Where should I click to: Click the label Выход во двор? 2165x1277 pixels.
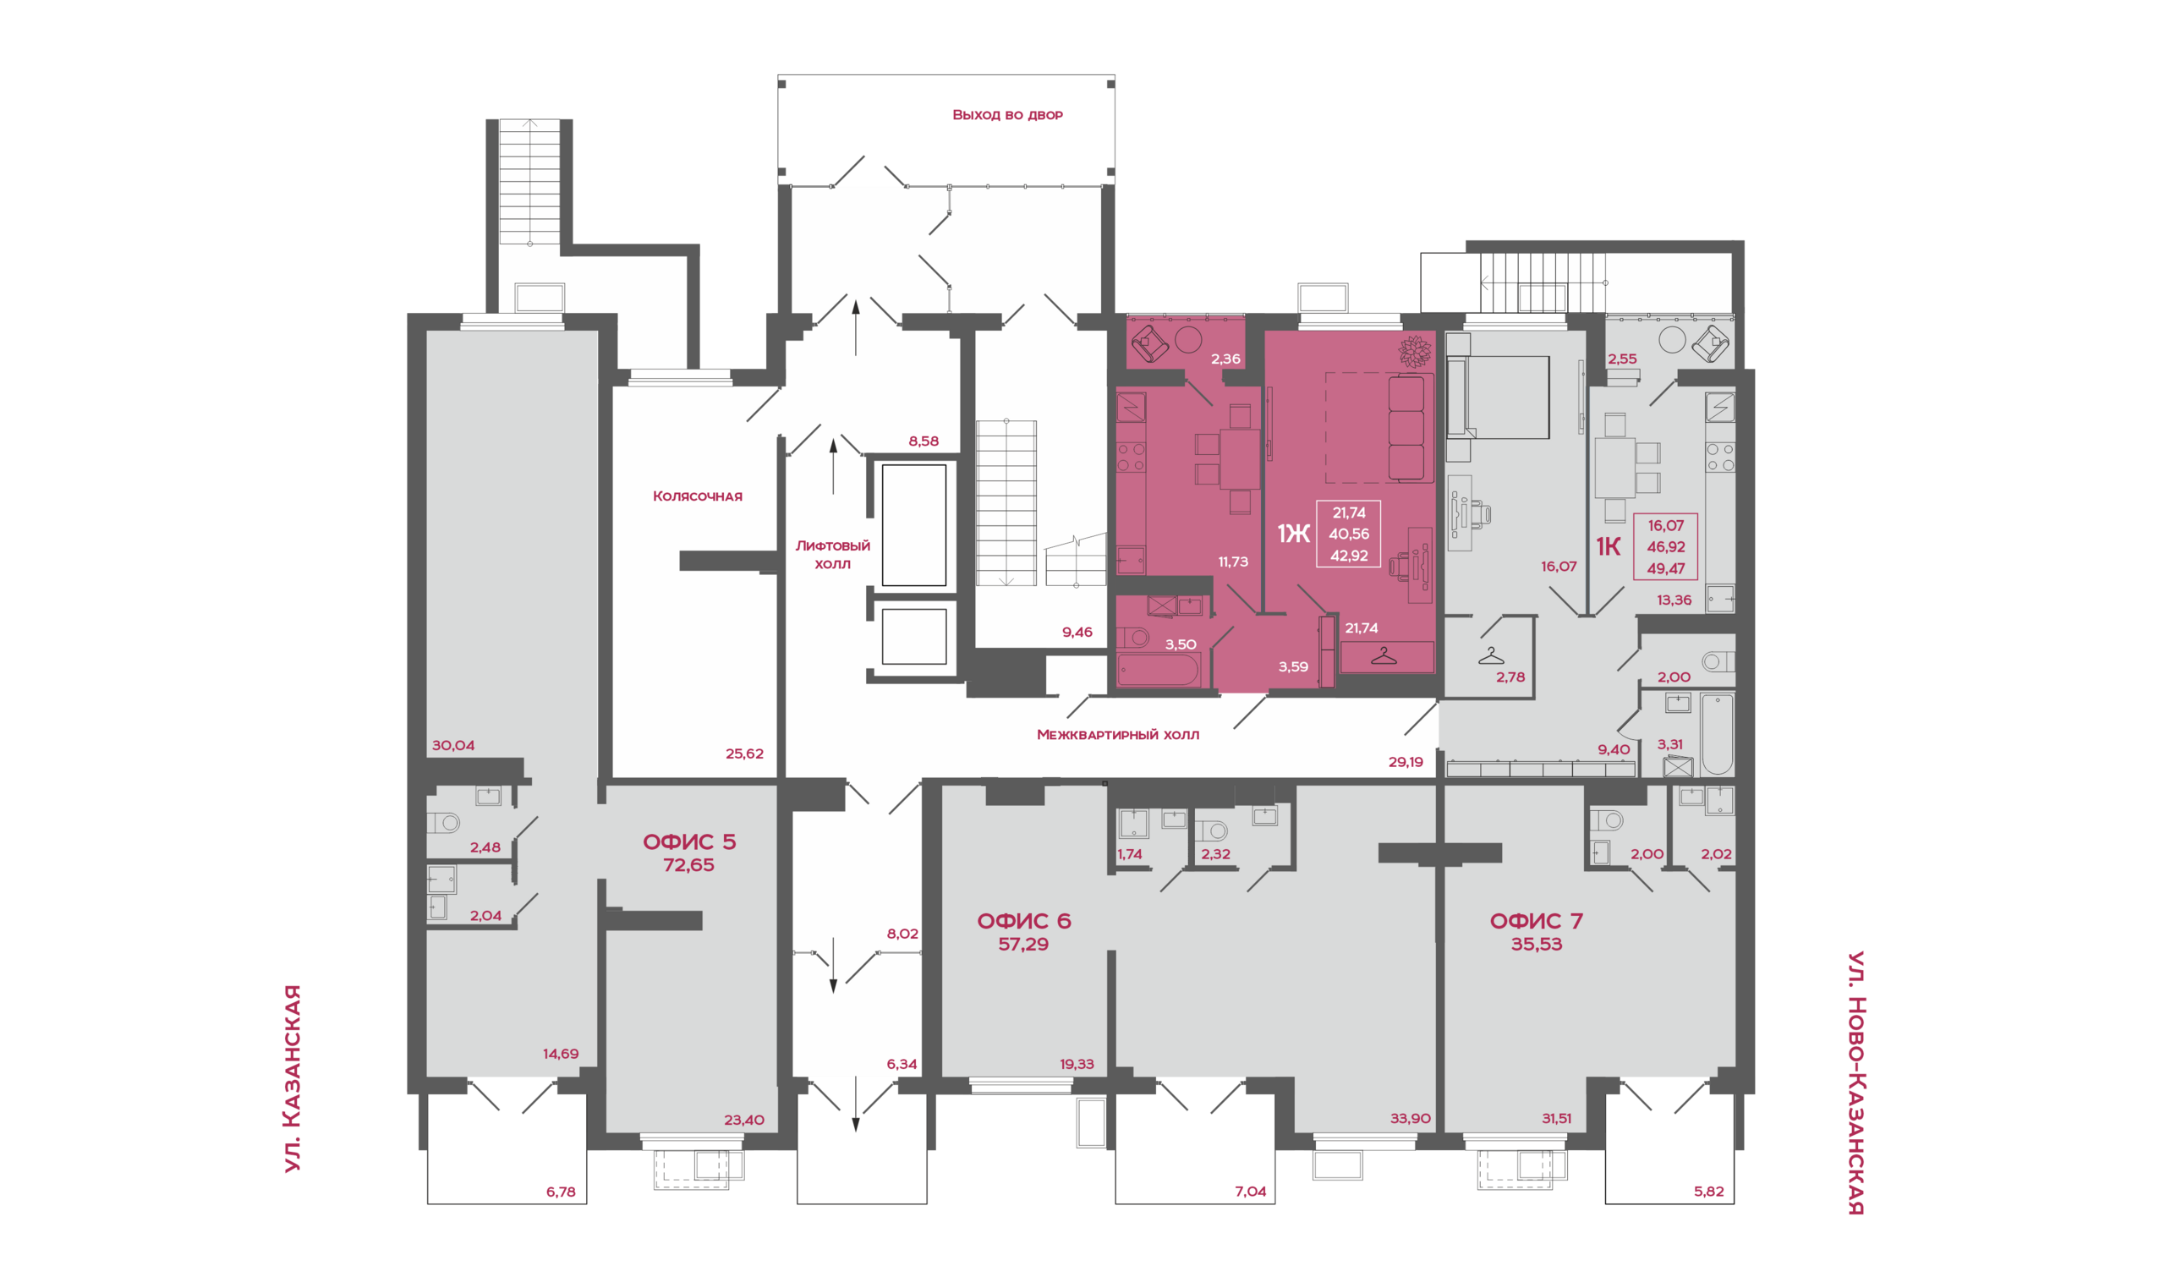tap(1006, 114)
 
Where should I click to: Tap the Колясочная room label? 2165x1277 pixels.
tap(697, 496)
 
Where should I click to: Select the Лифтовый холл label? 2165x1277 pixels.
tap(832, 554)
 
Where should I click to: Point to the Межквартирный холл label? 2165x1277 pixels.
tap(1118, 734)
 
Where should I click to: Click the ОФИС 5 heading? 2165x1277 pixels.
tap(689, 841)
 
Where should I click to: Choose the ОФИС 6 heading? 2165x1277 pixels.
tap(1024, 921)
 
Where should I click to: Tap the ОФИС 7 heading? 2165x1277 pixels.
tap(1536, 921)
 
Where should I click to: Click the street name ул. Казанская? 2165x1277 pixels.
tap(293, 1078)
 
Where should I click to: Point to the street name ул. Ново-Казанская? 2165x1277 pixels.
tap(1856, 1082)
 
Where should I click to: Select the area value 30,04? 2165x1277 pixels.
tap(452, 745)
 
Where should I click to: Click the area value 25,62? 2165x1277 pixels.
tap(744, 754)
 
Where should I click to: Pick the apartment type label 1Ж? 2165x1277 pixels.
tap(1293, 534)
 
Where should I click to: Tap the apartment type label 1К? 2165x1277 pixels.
tap(1609, 546)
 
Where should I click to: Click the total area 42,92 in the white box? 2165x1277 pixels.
tap(1348, 556)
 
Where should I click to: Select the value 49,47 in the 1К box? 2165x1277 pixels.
tap(1666, 569)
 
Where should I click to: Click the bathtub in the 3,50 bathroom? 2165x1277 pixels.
tap(1159, 670)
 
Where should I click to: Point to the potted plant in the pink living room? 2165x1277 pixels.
tap(1416, 351)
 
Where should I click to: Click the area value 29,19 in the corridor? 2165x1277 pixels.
tap(1406, 762)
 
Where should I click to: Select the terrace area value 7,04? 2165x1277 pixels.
tap(1250, 1191)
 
